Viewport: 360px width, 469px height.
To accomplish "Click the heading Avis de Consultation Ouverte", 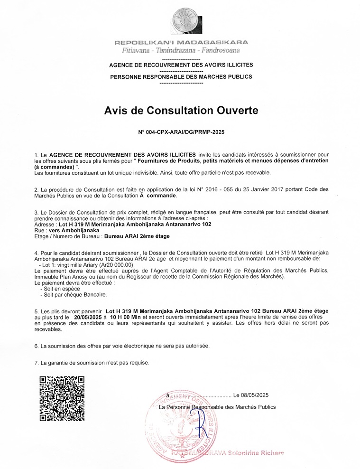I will click(181, 111).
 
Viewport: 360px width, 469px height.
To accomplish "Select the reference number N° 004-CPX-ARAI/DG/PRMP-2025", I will click(181, 133).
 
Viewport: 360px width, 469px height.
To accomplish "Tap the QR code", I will click(62, 398).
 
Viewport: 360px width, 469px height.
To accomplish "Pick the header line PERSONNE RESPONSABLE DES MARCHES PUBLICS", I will click(181, 76).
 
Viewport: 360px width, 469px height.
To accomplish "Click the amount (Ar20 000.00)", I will click(113, 265).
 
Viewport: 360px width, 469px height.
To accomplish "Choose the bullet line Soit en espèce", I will click(60, 288).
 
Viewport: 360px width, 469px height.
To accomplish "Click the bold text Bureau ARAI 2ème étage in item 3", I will click(137, 236).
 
